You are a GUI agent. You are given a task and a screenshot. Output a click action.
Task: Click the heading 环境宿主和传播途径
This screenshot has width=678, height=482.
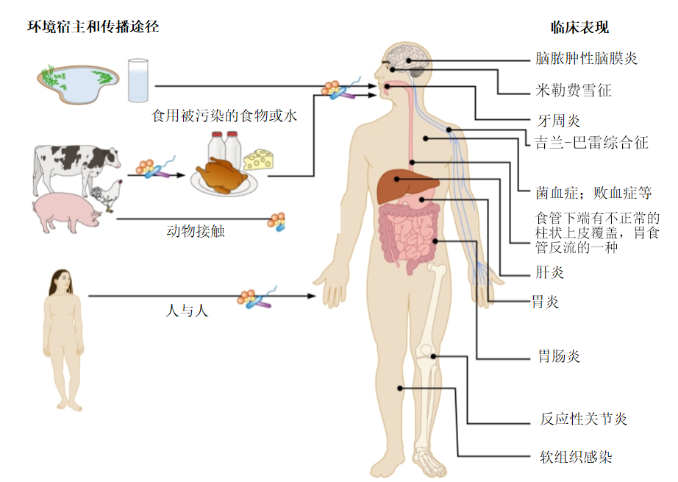(x=93, y=27)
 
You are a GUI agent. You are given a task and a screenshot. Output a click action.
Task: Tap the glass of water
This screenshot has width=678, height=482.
(x=138, y=80)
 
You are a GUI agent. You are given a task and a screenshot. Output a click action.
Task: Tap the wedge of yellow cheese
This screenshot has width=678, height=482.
(x=257, y=157)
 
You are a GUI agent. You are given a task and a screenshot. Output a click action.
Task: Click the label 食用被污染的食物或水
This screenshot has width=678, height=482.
(x=224, y=116)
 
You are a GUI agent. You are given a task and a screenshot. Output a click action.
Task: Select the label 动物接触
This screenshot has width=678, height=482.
(x=196, y=232)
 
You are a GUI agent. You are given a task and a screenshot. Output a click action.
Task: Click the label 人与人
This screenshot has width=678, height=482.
(x=186, y=310)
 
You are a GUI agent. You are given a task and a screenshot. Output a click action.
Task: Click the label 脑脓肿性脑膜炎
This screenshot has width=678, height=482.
(x=586, y=59)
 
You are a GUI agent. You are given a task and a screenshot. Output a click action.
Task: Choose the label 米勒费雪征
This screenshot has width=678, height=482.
(x=574, y=91)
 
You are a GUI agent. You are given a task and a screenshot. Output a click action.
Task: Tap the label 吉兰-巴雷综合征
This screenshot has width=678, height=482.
(x=592, y=143)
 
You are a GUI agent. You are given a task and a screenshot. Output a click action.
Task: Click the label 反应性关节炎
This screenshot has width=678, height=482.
(x=583, y=419)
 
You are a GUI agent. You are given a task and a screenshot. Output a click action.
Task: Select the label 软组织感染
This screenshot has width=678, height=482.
(x=576, y=457)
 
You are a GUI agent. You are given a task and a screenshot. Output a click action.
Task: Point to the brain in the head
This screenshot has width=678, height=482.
(x=405, y=57)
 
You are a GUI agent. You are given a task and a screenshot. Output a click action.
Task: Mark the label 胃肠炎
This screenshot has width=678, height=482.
(x=559, y=357)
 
